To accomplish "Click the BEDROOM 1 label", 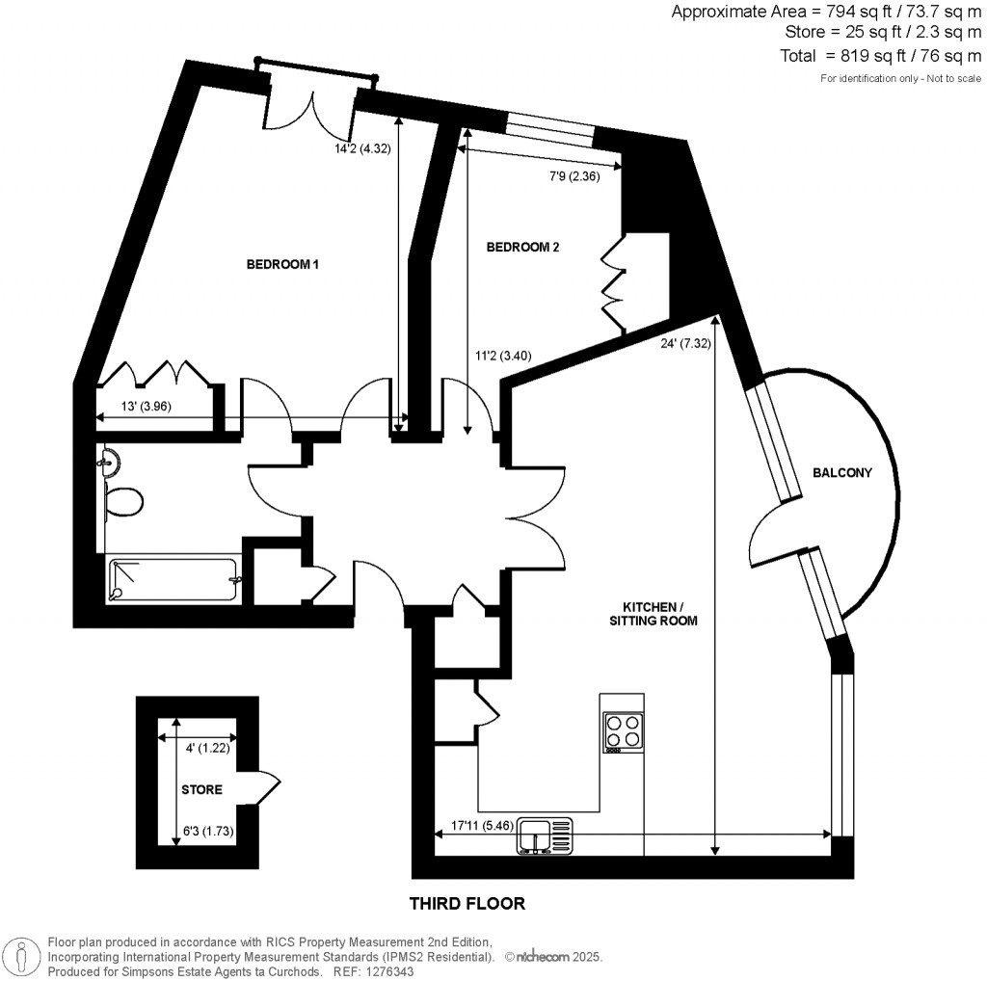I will (x=282, y=264).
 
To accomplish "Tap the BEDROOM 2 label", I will (x=523, y=247).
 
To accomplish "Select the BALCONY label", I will (x=842, y=472).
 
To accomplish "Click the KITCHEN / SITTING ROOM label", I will (x=659, y=614).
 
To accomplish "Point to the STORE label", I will (x=201, y=789).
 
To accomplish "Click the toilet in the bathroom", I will (x=124, y=500).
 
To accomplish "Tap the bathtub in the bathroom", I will (x=173, y=580).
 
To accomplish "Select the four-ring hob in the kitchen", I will (x=624, y=731).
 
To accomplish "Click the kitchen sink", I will (x=544, y=835).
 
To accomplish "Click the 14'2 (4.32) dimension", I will (x=360, y=149).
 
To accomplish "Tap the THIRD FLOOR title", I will (x=467, y=903).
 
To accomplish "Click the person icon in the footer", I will (x=19, y=958).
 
